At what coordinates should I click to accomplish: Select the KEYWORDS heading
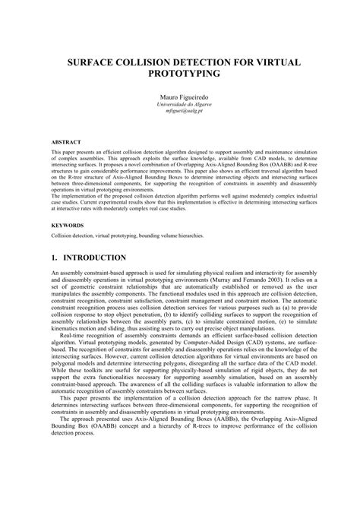point(68,226)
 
